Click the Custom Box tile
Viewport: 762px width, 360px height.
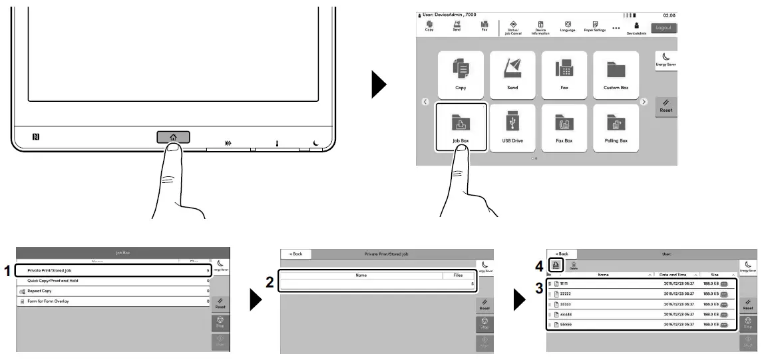coord(615,73)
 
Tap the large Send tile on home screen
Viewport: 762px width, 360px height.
coord(512,73)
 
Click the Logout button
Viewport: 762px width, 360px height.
coord(663,28)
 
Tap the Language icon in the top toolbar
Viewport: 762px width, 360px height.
coord(568,27)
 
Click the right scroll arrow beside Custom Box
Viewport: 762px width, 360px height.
coord(644,102)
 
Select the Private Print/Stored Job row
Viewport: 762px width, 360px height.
coord(113,271)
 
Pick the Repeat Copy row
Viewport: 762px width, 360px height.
coord(113,291)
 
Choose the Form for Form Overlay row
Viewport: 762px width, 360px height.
coord(113,301)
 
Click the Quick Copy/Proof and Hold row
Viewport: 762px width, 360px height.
coord(113,281)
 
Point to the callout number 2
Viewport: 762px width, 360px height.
coord(270,282)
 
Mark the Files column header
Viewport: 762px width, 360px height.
coord(458,274)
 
